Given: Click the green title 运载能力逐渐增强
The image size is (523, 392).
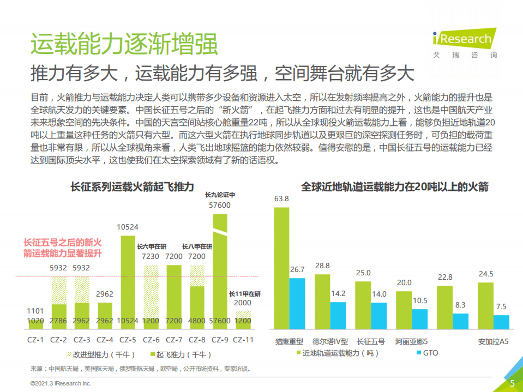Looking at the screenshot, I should (x=124, y=44).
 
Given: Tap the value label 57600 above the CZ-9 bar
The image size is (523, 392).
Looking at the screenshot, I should (x=220, y=206).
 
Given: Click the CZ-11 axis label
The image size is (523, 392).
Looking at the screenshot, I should (x=243, y=339).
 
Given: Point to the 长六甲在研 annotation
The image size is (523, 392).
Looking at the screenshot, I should (x=151, y=246).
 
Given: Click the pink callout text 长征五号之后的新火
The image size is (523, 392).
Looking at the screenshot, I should (x=63, y=243).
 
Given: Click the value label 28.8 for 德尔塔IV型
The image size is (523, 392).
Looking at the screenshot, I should (x=322, y=266).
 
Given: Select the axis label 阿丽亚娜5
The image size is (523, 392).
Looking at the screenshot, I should (x=412, y=342).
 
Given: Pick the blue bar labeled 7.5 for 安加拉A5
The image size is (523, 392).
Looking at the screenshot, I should (x=501, y=323).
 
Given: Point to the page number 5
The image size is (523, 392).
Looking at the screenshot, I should (x=512, y=383).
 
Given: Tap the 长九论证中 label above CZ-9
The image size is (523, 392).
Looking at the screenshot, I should (x=220, y=195).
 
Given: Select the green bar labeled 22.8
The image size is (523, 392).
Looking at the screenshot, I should (x=444, y=309).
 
